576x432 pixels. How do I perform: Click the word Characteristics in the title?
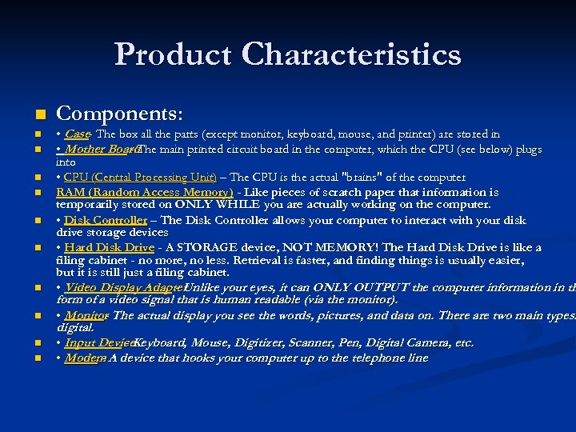click(352, 54)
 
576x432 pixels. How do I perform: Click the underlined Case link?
click(77, 134)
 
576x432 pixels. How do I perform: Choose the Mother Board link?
click(97, 149)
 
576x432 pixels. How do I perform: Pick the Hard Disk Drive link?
click(109, 247)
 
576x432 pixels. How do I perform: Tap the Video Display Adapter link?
click(123, 287)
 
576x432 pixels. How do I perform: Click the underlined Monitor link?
click(86, 315)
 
